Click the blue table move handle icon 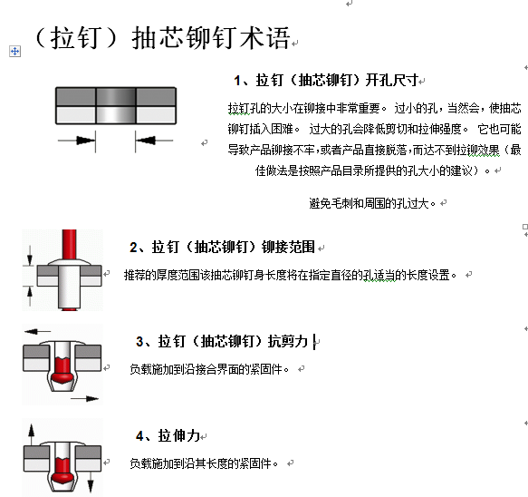coord(14,52)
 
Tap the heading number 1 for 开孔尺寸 coord(237,81)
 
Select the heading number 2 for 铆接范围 coord(133,248)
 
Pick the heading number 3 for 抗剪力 coord(139,342)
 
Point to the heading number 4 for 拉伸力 coord(139,436)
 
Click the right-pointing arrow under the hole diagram coord(76,141)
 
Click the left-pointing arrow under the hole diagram coord(154,141)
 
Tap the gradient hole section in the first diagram coord(116,105)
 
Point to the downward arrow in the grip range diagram coord(30,256)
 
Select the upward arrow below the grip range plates coord(30,296)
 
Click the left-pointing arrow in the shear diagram coord(37,332)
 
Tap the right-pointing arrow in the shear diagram coord(84,399)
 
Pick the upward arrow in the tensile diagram coord(32,435)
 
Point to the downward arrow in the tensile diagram coord(91,482)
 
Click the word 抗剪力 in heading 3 coord(288,342)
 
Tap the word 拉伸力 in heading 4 coord(179,436)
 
